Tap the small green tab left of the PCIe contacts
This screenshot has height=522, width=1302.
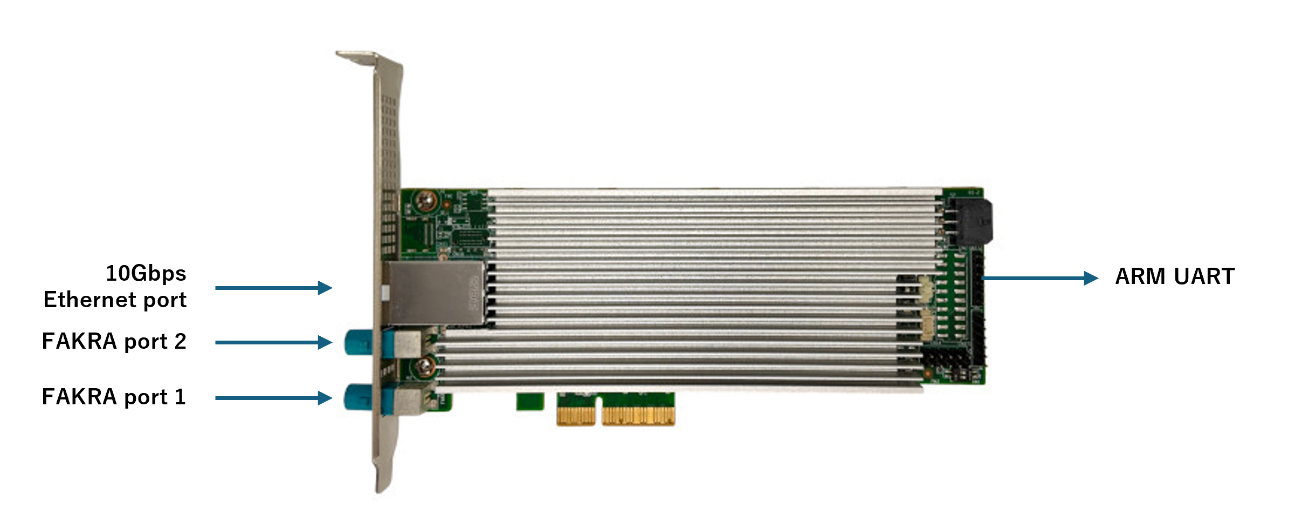(530, 401)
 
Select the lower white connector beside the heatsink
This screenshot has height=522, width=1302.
(927, 327)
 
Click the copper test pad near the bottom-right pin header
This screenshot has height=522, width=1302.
(928, 372)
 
